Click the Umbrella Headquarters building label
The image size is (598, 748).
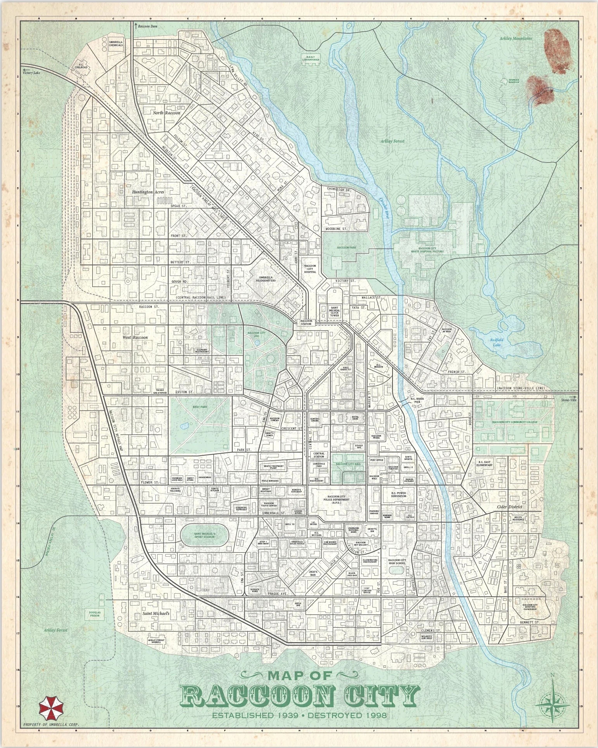pos(266,279)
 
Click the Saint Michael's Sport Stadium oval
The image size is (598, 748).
pos(205,535)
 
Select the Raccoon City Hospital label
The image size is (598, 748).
pos(310,269)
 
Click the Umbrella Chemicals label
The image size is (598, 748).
pos(116,43)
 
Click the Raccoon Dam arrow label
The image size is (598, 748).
pos(146,26)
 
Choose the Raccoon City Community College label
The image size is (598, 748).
pos(515,422)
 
